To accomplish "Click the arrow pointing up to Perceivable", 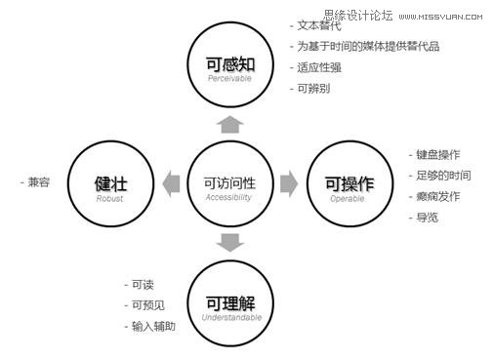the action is point(229,124).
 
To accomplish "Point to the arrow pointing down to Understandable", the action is point(229,242).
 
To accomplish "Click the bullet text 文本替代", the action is point(319,24).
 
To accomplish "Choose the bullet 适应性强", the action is point(319,67).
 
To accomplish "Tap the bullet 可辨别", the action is point(315,89).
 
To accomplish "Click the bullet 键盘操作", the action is point(437,154).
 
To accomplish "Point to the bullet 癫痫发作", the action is point(437,196).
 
